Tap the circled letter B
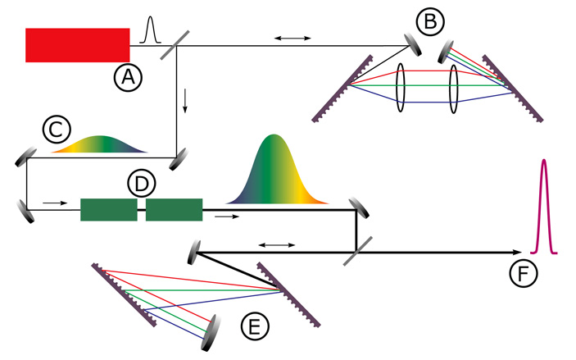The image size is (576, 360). coord(429,21)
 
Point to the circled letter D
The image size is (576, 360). coord(141,184)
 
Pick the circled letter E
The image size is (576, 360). coord(256,327)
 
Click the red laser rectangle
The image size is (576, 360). coord(78,45)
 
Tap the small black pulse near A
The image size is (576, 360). coord(149,31)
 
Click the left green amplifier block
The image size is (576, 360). coord(108,210)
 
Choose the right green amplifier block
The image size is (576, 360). coord(174,210)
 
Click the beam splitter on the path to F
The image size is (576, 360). coord(354,253)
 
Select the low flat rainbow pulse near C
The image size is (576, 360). coord(98,144)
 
